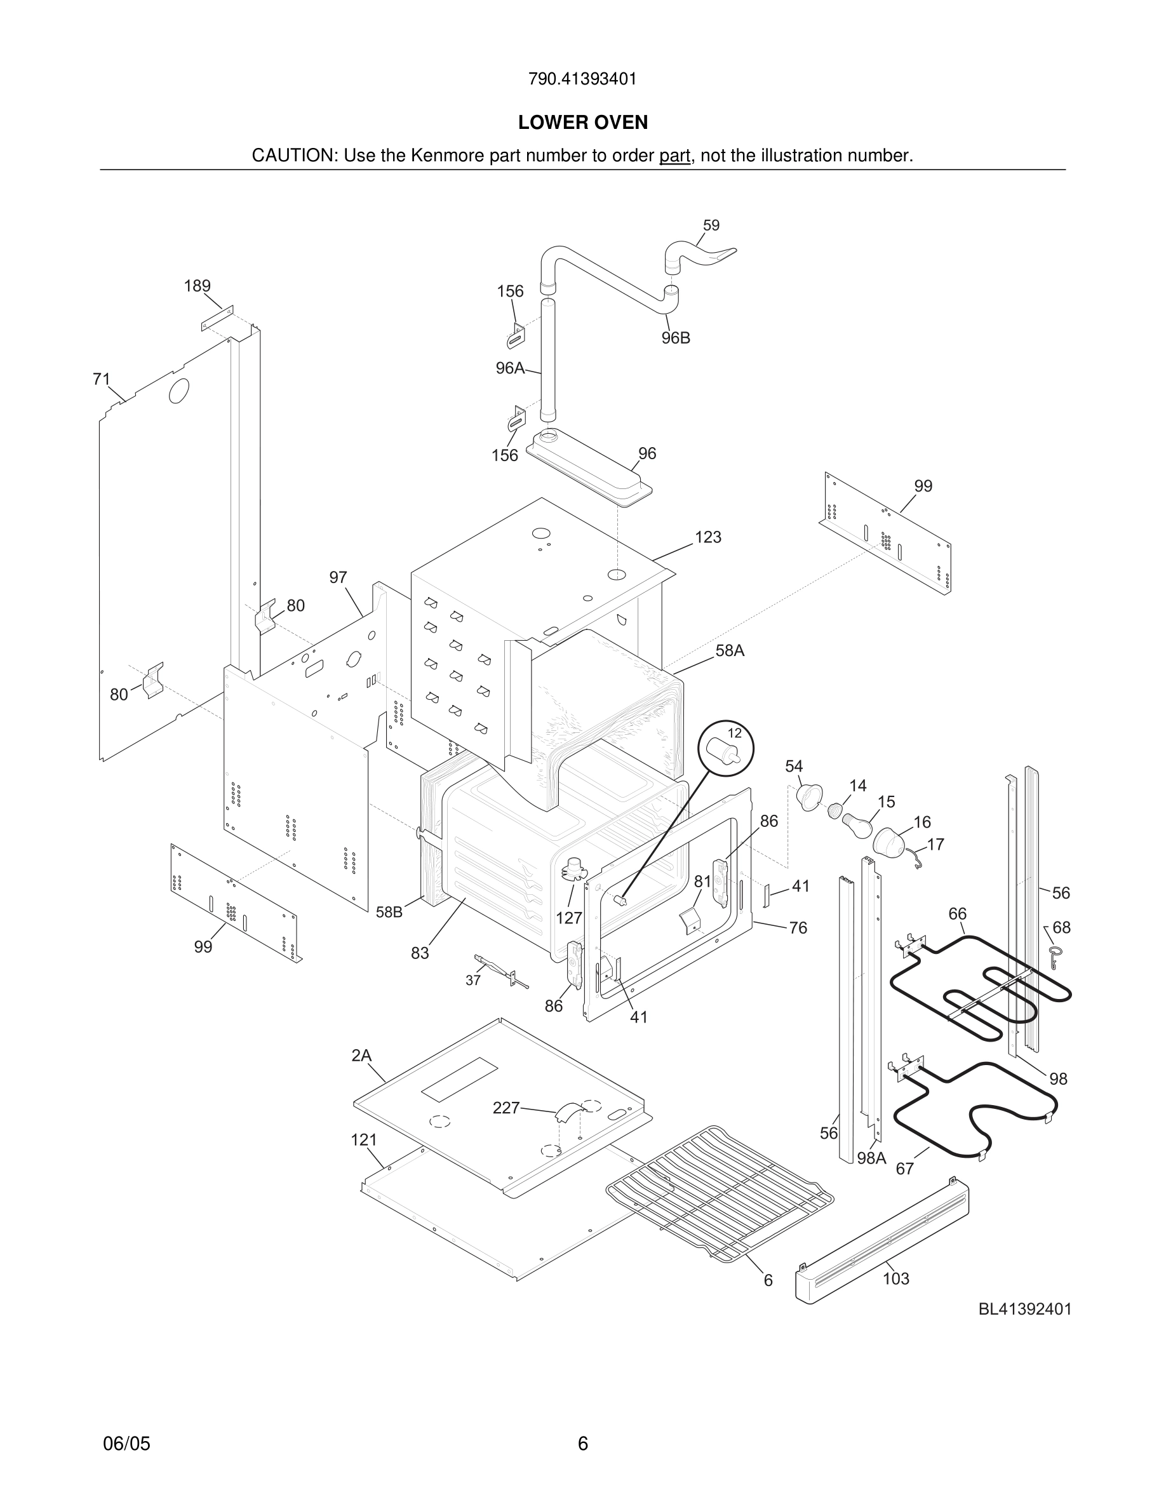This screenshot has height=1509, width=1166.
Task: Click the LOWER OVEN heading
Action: click(x=582, y=123)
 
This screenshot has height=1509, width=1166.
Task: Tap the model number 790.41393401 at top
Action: click(x=582, y=79)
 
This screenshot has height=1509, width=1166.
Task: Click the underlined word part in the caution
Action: click(x=674, y=156)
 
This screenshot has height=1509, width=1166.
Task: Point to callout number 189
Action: click(x=197, y=285)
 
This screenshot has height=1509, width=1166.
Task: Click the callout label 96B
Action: click(x=675, y=338)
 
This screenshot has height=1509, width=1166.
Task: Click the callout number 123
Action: click(x=707, y=537)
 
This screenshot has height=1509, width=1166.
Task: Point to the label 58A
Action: click(x=730, y=650)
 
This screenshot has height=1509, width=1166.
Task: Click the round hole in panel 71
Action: click(x=179, y=391)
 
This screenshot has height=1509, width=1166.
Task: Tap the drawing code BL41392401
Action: click(x=1024, y=1309)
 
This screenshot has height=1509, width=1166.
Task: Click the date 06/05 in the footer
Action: click(x=126, y=1443)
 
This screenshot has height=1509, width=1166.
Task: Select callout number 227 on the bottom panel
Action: click(x=506, y=1108)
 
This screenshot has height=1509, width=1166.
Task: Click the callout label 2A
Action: click(x=361, y=1055)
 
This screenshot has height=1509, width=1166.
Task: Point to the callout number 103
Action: click(x=895, y=1278)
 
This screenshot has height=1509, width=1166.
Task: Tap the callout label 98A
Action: click(x=871, y=1158)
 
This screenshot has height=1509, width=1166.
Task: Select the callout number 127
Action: click(x=569, y=918)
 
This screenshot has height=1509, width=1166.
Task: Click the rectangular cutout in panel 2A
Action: click(x=460, y=1078)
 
